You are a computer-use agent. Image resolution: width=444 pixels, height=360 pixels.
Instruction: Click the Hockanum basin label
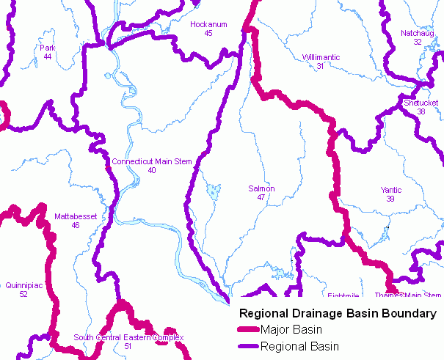(x=208, y=25)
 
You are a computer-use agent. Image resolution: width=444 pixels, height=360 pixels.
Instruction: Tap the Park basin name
(x=48, y=48)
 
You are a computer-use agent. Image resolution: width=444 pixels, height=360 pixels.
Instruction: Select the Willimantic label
(x=320, y=57)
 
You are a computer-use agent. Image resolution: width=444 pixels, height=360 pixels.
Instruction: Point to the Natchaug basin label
(x=417, y=34)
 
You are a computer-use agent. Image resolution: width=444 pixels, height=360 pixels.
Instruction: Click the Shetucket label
(x=421, y=103)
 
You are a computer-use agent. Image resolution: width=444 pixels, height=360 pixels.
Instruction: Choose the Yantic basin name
(x=391, y=190)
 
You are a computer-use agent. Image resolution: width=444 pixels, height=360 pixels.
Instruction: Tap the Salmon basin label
(x=261, y=189)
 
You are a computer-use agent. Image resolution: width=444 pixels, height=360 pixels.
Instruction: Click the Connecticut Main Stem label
(x=152, y=161)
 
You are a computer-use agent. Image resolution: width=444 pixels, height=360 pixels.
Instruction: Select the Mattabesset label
(x=76, y=216)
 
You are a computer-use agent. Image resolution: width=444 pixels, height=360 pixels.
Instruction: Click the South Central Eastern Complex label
(x=128, y=337)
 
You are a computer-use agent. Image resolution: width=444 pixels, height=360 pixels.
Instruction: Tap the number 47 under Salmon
(x=261, y=198)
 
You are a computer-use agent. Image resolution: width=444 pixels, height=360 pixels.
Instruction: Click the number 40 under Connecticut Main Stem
(x=152, y=170)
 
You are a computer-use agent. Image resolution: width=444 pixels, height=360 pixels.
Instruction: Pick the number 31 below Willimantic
(x=320, y=66)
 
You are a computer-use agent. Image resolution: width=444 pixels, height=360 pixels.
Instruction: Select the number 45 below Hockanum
(x=208, y=34)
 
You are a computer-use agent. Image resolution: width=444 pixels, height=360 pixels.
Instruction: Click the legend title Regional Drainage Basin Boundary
(x=334, y=314)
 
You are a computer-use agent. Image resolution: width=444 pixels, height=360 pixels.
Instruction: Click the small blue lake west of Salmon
(x=214, y=192)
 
